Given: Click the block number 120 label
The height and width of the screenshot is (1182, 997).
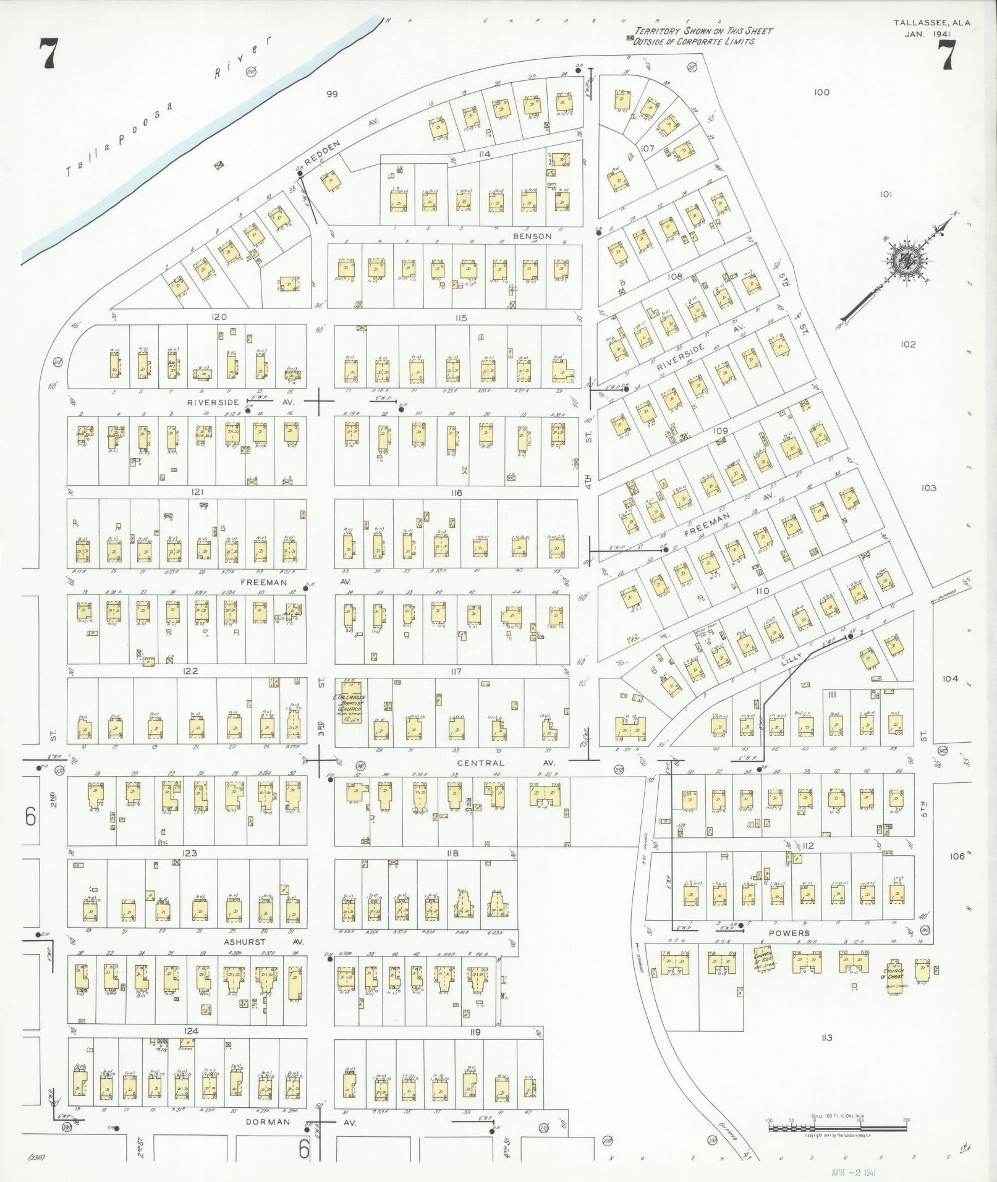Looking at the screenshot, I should click(219, 317).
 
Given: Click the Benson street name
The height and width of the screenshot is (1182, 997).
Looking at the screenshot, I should click(532, 236).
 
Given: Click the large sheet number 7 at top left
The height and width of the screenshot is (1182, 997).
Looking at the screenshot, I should click(48, 54).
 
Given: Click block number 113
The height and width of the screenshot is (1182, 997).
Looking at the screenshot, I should click(828, 1037).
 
